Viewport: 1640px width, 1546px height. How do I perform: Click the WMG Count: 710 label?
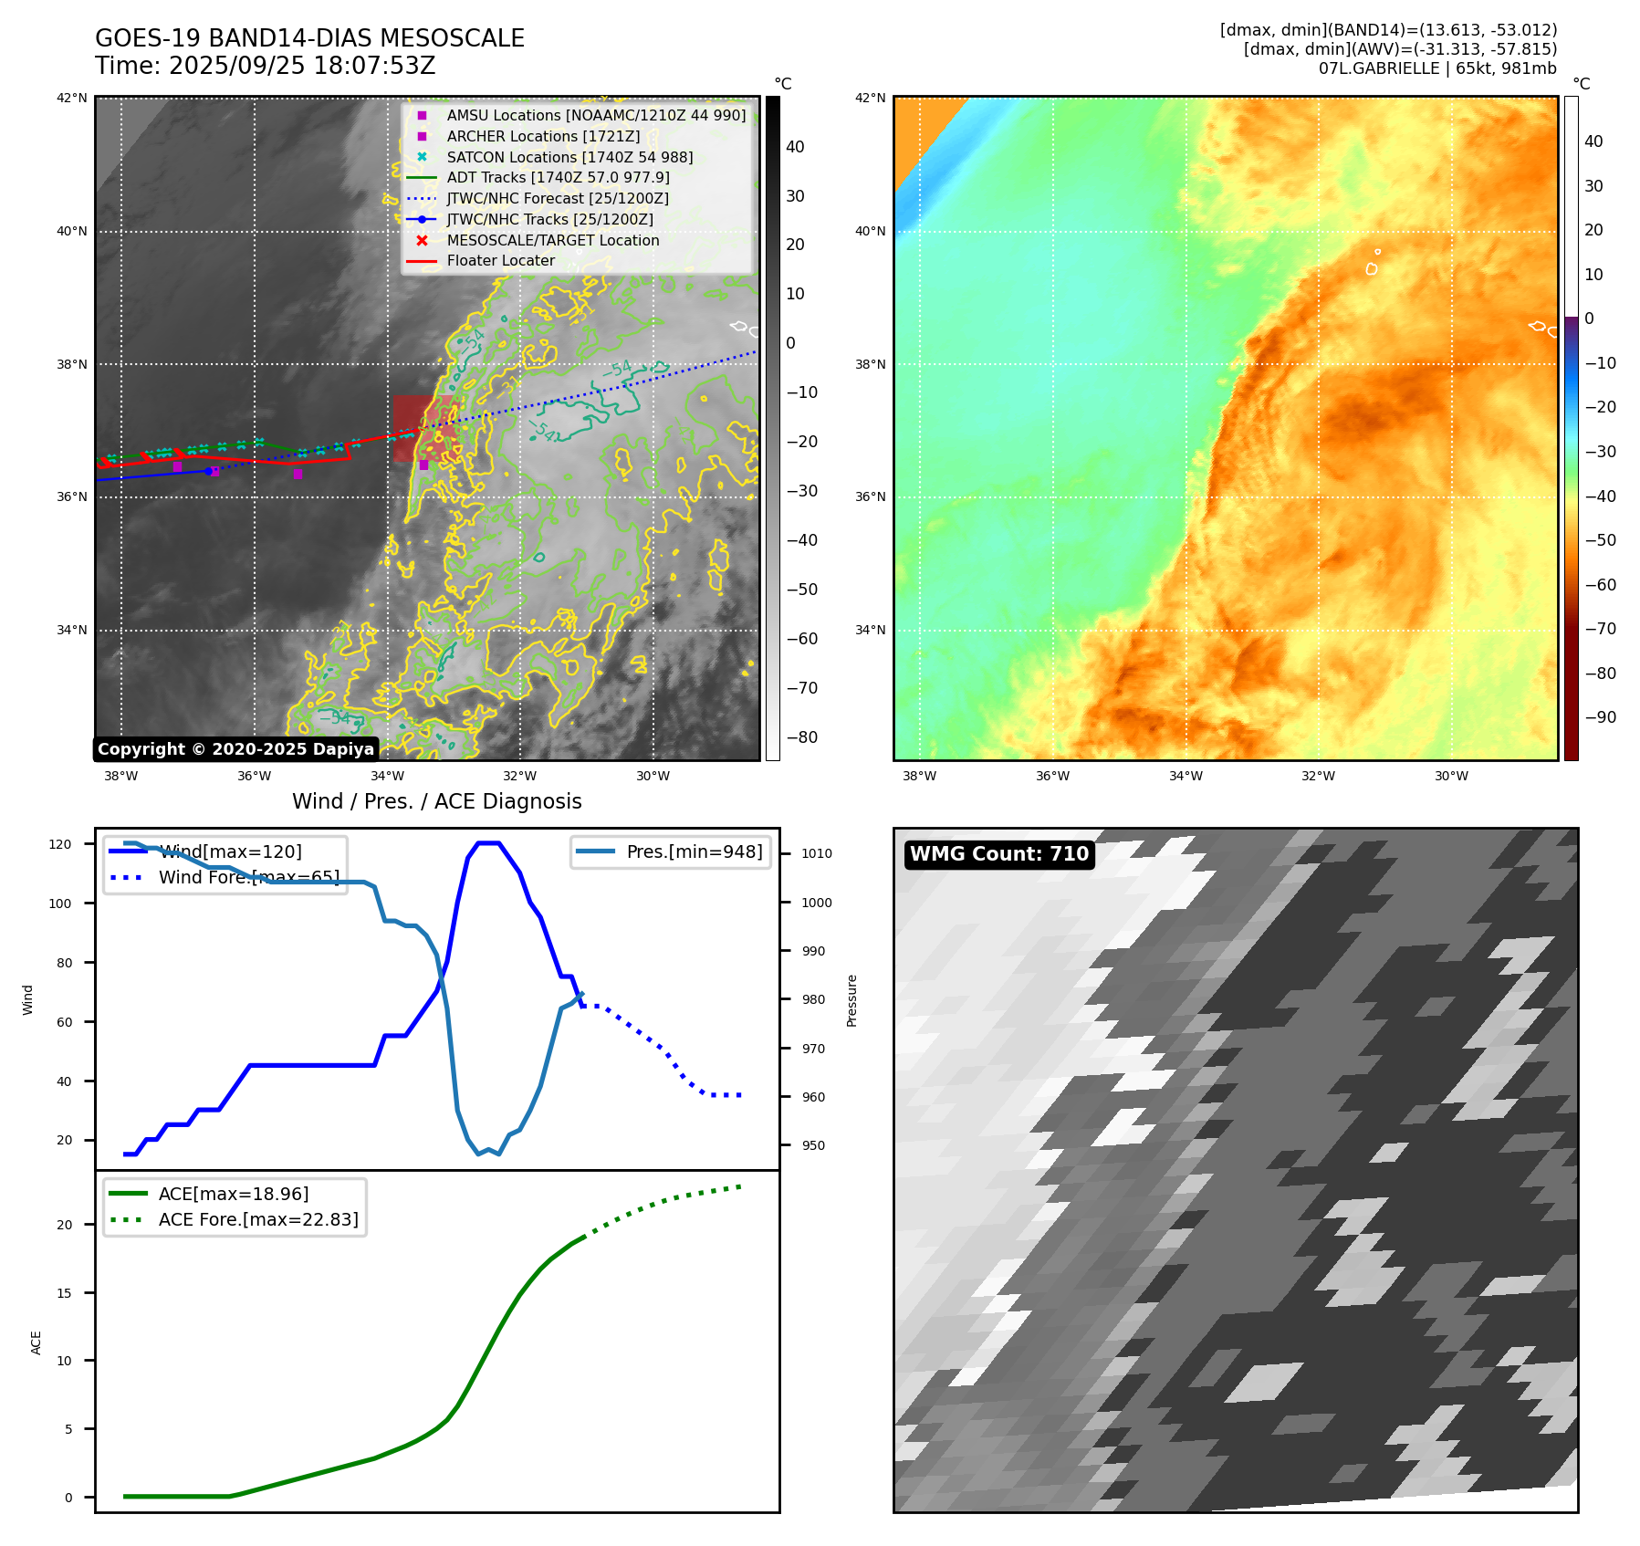[999, 854]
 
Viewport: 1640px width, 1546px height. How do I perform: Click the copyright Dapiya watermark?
[235, 749]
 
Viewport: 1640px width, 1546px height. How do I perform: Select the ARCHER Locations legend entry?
[543, 136]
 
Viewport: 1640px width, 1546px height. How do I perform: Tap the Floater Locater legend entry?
[500, 261]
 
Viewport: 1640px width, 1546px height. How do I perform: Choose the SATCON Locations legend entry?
[569, 157]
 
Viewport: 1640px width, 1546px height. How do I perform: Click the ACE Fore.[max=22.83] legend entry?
[257, 1219]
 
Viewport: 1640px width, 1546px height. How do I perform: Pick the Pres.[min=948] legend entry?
[694, 851]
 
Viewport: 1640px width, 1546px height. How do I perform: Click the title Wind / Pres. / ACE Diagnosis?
[436, 801]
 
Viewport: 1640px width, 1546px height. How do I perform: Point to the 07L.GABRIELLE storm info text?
[1436, 68]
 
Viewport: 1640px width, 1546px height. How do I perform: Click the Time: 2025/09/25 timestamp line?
[266, 67]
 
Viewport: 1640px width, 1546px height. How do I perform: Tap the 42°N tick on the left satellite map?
[72, 98]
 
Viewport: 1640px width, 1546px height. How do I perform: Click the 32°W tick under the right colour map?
[1318, 776]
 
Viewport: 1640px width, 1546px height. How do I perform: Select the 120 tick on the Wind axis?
[59, 844]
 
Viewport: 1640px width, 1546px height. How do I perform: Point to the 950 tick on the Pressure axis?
[813, 1145]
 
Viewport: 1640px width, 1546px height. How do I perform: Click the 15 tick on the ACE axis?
[65, 1292]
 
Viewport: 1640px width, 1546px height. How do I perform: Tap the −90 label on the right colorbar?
[1600, 717]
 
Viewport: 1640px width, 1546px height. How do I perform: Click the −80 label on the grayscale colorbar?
[802, 737]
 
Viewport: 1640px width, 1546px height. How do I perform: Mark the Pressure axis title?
[851, 1000]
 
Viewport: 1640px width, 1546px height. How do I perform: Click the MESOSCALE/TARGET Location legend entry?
[552, 240]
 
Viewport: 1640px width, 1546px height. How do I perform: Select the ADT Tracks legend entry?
[558, 178]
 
